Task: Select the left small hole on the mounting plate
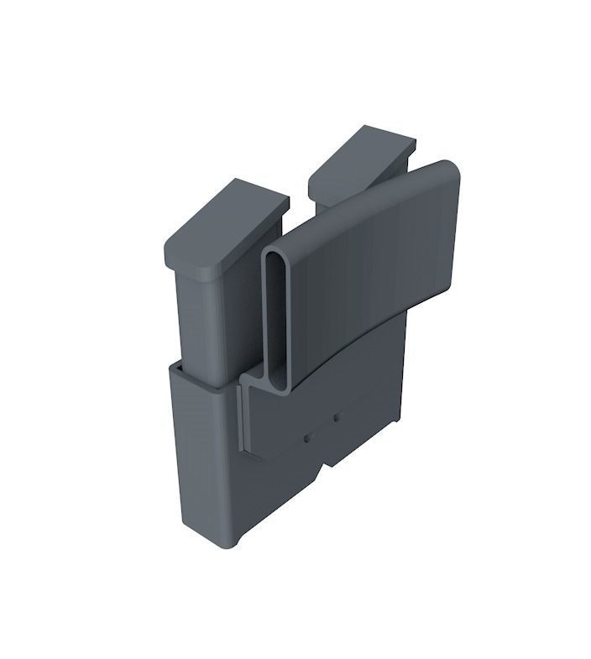[307, 437]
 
